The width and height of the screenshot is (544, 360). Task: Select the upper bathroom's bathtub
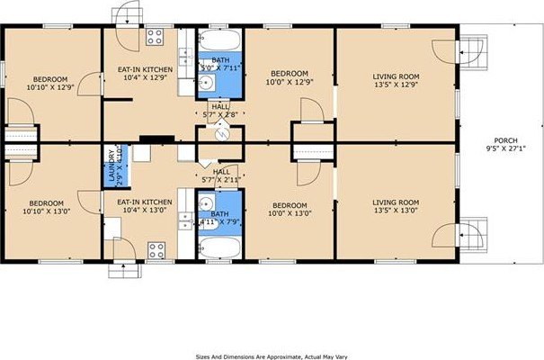pos(219,41)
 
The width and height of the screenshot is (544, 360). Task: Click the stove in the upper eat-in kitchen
pos(155,37)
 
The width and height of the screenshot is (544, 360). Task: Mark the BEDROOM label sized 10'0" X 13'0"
pos(290,215)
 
